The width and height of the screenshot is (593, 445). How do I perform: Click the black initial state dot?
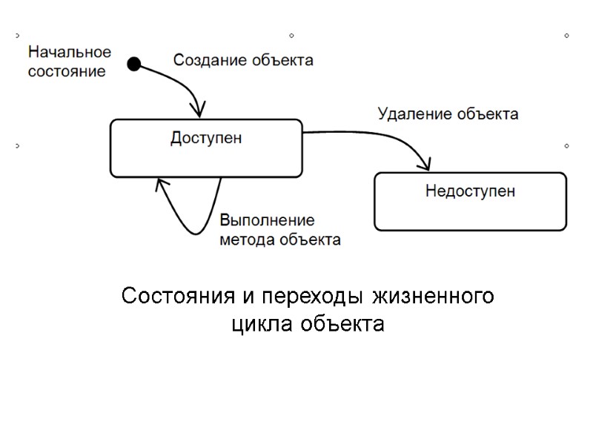[x=134, y=64]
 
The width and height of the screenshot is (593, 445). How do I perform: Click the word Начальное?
[x=70, y=53]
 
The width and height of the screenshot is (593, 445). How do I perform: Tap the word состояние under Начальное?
[x=67, y=71]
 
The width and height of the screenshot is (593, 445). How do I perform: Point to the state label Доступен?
[x=206, y=138]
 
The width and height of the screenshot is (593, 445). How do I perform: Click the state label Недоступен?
[x=470, y=191]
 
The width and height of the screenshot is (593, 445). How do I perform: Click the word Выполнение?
[x=267, y=221]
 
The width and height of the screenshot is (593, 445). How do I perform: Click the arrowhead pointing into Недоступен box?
[x=425, y=163]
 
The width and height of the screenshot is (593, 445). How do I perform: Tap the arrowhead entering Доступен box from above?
[x=199, y=111]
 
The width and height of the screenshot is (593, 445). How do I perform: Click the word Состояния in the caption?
[x=178, y=297]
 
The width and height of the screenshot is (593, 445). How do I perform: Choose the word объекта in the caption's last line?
[x=344, y=324]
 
